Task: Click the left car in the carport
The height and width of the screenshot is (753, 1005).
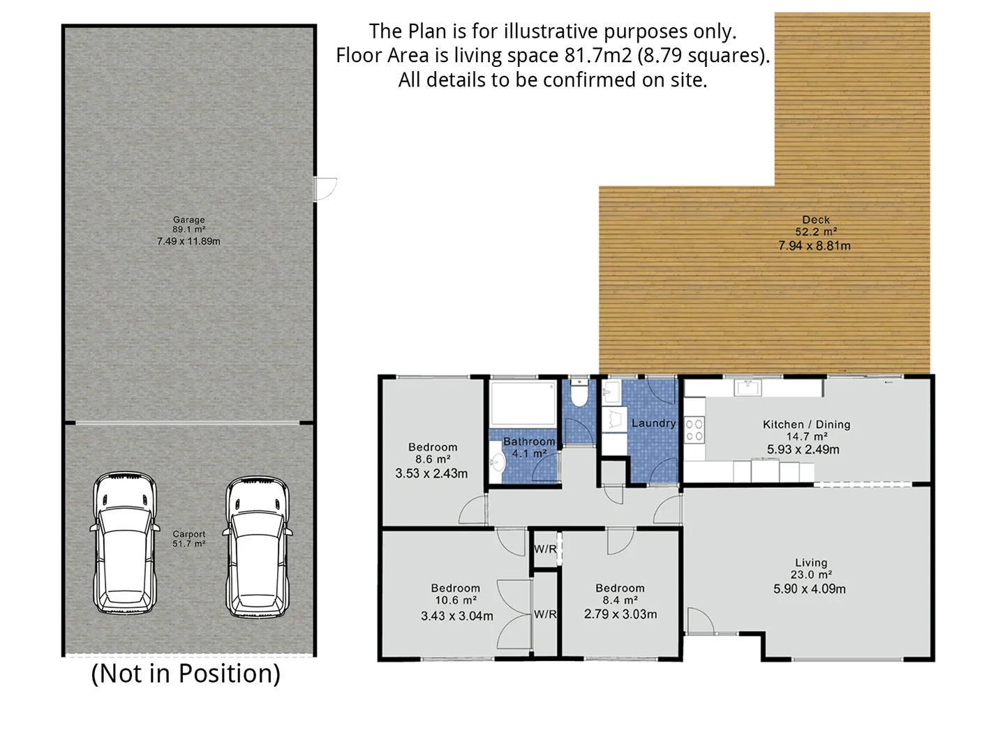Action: pos(124,543)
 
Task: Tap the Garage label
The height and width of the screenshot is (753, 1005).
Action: pos(188,220)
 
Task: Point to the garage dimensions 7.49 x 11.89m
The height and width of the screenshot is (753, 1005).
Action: pos(188,241)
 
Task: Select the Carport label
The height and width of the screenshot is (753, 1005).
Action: pos(188,534)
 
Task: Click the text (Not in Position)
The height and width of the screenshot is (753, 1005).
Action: pos(186,674)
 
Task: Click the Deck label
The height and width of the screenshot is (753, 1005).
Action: pos(815,220)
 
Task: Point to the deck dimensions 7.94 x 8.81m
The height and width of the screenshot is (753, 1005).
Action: pos(814,245)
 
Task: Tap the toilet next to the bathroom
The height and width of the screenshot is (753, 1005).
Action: pos(579,395)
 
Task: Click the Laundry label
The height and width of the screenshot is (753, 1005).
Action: pos(653,423)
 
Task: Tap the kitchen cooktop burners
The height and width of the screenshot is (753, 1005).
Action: pos(694,429)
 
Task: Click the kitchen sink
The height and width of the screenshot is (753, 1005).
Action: pos(747,387)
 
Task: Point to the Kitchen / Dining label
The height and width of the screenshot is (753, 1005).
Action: pos(806,424)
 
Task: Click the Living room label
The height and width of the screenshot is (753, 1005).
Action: pos(810,563)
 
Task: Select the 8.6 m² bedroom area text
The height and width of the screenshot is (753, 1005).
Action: pos(433,459)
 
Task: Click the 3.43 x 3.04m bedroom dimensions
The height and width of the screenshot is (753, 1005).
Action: pos(456,616)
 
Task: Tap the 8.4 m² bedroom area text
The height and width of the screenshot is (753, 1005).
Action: pos(620,600)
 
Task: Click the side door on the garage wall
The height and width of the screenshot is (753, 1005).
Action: pos(325,188)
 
